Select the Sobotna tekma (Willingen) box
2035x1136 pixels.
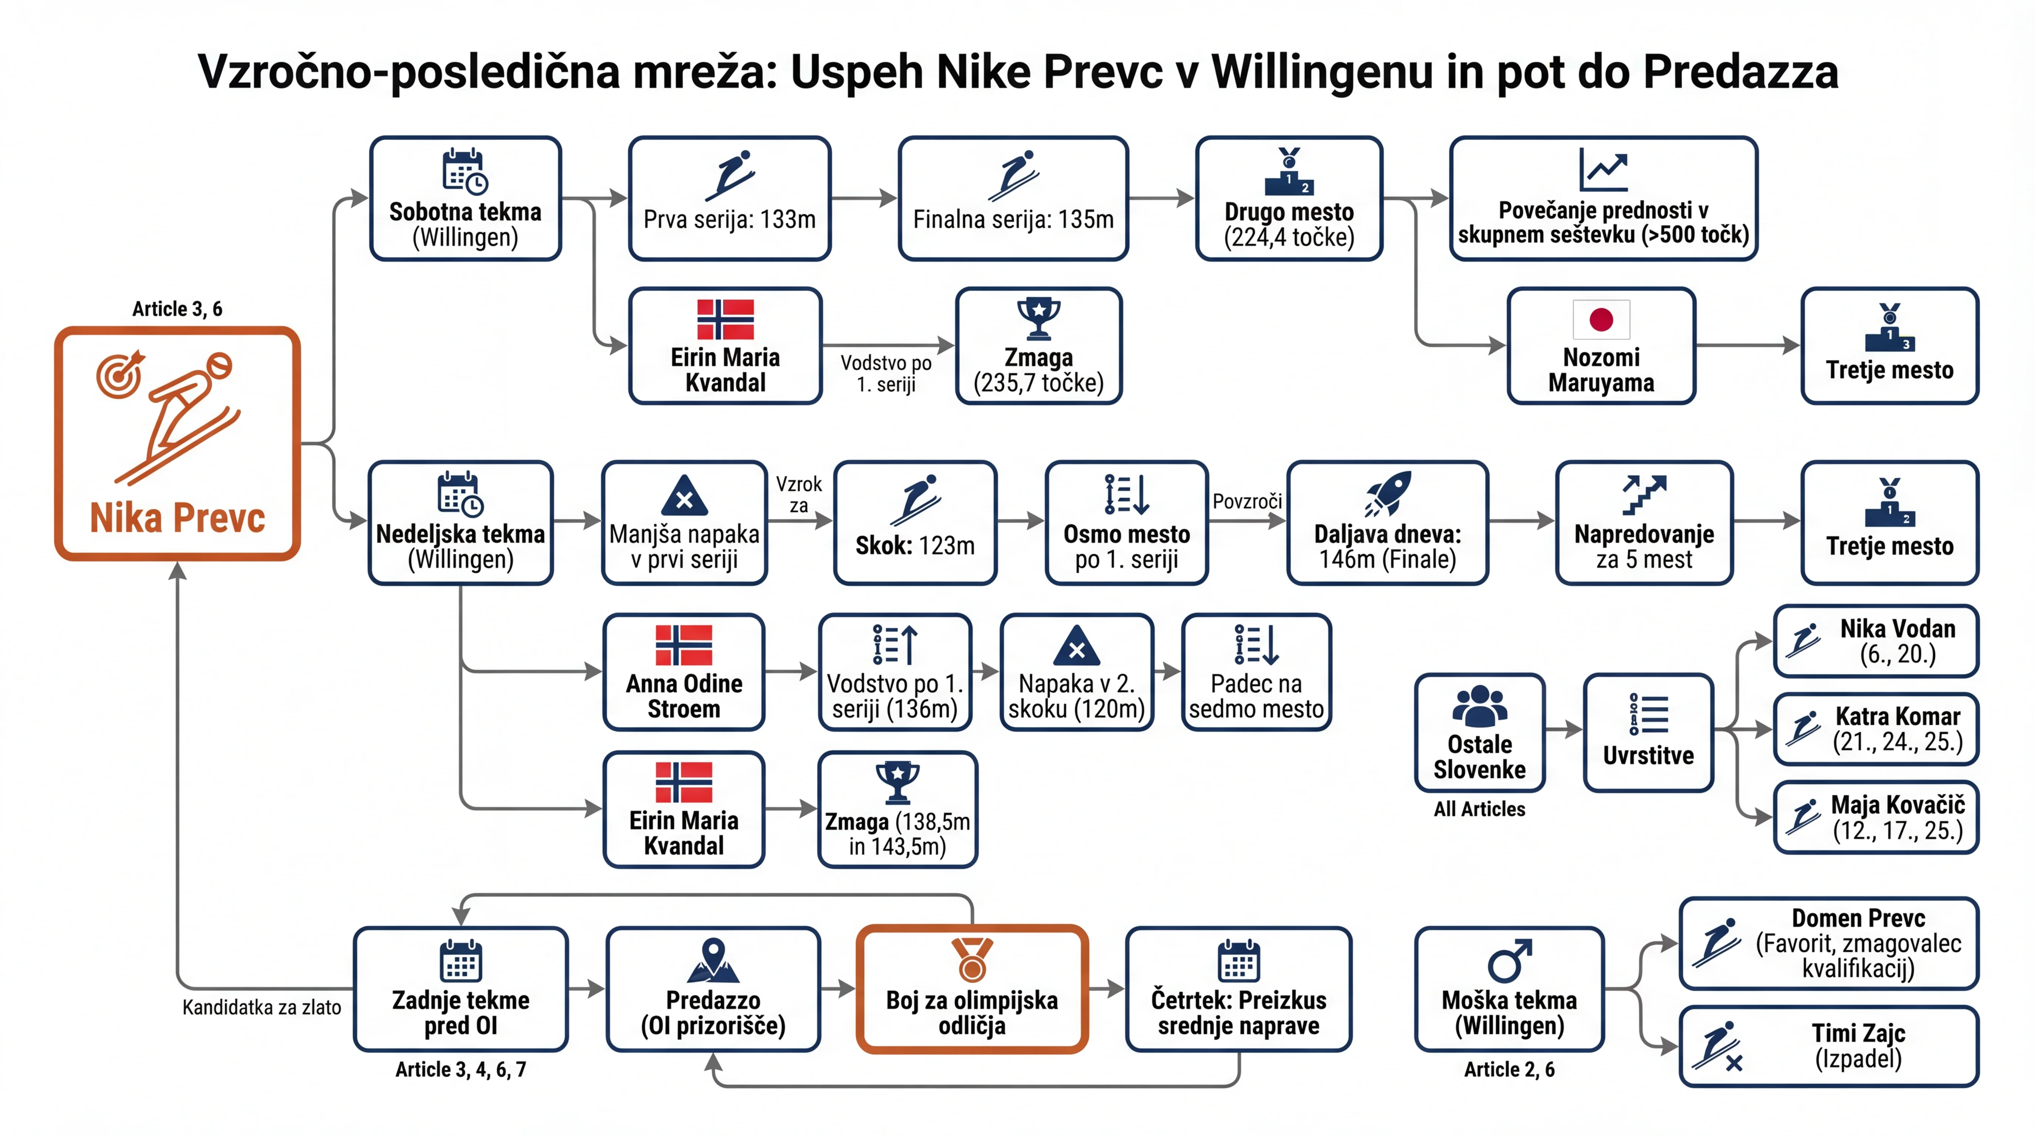[x=465, y=198]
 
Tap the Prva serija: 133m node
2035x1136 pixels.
[x=729, y=198]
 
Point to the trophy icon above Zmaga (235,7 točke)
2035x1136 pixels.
[x=1039, y=318]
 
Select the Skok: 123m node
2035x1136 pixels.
[x=915, y=522]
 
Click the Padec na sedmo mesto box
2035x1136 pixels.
[x=1256, y=672]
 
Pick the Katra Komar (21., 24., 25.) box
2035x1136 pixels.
[x=1876, y=728]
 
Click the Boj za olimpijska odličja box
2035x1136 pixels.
[x=972, y=989]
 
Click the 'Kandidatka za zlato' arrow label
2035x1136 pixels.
[x=261, y=1007]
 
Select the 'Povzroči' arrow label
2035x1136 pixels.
[x=1247, y=501]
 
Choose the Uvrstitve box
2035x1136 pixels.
[x=1649, y=733]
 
